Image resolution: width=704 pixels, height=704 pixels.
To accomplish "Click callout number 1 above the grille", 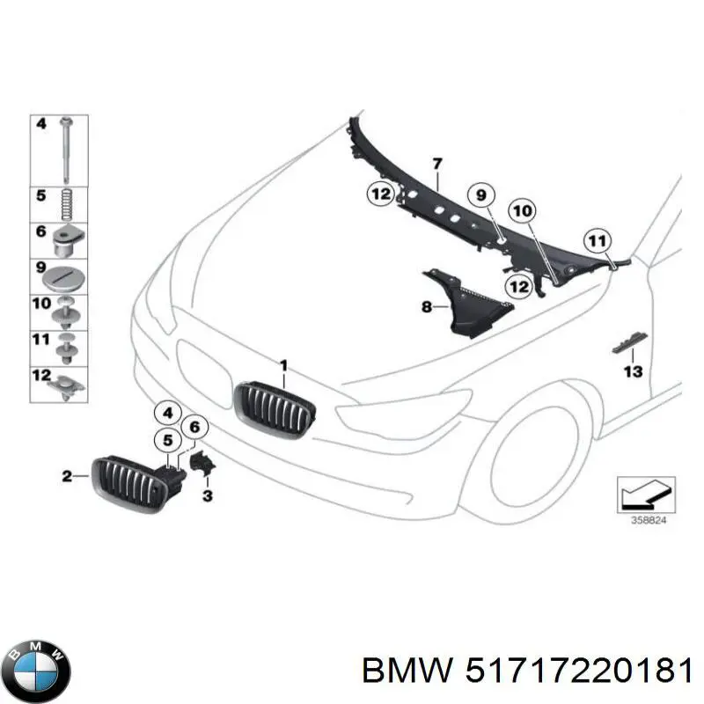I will [x=283, y=364].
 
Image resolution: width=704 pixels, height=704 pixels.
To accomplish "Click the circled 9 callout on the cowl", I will [x=481, y=195].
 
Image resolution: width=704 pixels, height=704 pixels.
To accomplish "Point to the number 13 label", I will [x=633, y=372].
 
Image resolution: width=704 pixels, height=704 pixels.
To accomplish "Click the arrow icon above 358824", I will [x=644, y=493].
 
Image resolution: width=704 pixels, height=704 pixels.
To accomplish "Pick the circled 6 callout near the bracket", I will [x=195, y=429].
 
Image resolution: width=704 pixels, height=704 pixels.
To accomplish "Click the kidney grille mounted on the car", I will [x=274, y=407].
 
